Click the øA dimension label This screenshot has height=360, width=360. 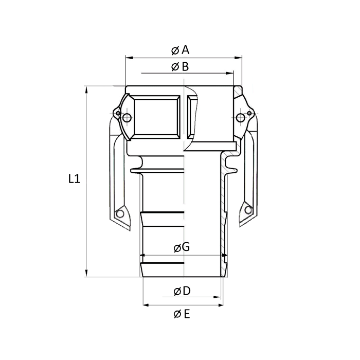click(x=181, y=50)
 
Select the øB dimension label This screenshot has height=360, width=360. click(x=181, y=66)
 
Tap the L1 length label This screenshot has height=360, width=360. click(x=74, y=179)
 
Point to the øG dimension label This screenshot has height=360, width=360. click(x=182, y=247)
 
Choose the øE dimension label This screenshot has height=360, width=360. click(x=182, y=313)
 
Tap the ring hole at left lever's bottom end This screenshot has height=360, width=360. click(x=121, y=213)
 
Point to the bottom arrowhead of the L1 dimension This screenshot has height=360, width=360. click(x=87, y=274)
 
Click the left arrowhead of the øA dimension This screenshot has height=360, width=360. click(x=129, y=58)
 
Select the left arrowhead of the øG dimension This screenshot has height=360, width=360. click(x=143, y=255)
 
